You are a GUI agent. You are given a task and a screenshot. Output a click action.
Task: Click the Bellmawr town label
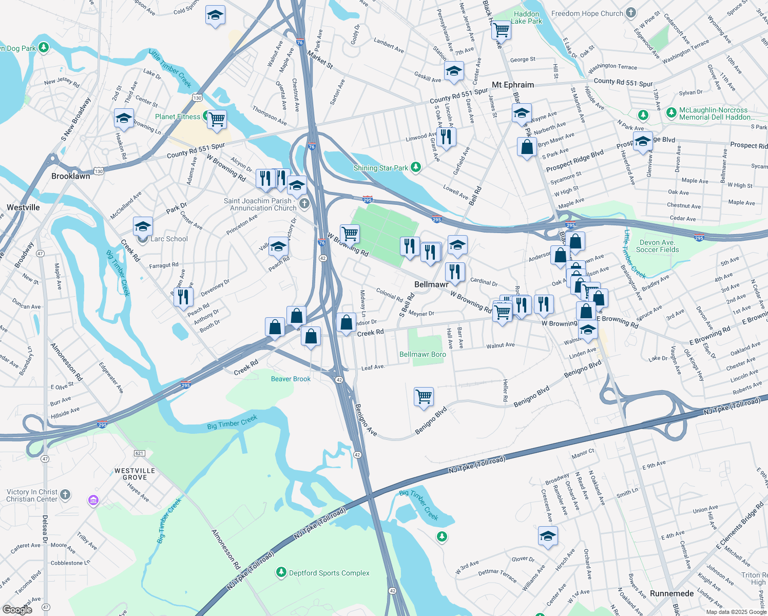pyautogui.click(x=431, y=284)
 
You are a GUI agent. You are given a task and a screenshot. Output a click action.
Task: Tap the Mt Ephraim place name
pyautogui.click(x=512, y=85)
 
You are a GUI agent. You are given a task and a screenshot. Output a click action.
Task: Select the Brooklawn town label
pyautogui.click(x=71, y=176)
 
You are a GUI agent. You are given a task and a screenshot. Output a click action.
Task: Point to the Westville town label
pyautogui.click(x=23, y=207)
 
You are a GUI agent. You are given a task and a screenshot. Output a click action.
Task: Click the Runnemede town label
pyautogui.click(x=671, y=593)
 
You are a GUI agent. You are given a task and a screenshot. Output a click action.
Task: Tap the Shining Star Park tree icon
pyautogui.click(x=416, y=167)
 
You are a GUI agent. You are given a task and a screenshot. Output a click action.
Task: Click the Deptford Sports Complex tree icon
pyautogui.click(x=281, y=572)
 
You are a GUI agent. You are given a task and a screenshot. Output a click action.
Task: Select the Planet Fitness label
pyautogui.click(x=178, y=117)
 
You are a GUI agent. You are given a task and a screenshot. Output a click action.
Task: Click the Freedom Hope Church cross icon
pyautogui.click(x=631, y=13)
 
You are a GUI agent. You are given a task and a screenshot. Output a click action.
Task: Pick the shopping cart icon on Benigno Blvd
pyautogui.click(x=424, y=397)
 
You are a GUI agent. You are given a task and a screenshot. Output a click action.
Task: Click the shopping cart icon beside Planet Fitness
pyautogui.click(x=217, y=120)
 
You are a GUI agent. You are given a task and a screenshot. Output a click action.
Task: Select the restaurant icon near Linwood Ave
pyautogui.click(x=446, y=137)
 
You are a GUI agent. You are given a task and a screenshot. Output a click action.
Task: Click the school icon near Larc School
pyautogui.click(x=143, y=226)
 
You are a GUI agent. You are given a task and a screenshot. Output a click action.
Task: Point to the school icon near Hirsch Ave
pyautogui.click(x=548, y=536)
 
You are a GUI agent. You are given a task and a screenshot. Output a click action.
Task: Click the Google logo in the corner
pyautogui.click(x=17, y=610)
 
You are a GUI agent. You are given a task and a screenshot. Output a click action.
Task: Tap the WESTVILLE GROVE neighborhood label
pyautogui.click(x=135, y=474)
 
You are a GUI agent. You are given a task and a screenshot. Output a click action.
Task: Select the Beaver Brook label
pyautogui.click(x=291, y=379)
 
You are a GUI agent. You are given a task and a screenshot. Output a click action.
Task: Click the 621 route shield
pyautogui.click(x=139, y=453)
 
